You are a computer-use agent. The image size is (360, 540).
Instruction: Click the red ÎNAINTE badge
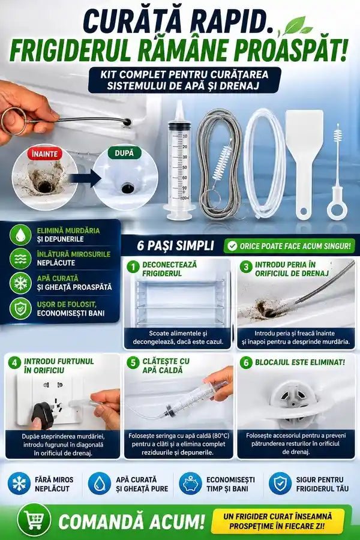click(x=44, y=154)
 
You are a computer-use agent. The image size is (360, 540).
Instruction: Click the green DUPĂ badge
click(x=124, y=152)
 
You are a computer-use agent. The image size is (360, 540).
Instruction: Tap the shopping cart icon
click(x=34, y=520)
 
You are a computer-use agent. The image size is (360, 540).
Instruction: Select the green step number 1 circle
click(x=133, y=267)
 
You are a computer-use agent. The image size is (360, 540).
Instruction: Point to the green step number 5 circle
click(x=133, y=363)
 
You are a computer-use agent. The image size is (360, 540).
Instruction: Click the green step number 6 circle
click(x=246, y=363)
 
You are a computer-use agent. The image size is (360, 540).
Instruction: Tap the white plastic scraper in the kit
click(x=304, y=164)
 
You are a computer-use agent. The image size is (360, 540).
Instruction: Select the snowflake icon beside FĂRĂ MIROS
click(x=19, y=483)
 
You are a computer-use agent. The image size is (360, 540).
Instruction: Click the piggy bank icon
click(x=191, y=483)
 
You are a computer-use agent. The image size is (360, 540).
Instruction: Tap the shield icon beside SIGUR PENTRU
click(x=280, y=483)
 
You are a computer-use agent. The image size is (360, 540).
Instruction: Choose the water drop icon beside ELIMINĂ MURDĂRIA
click(x=20, y=235)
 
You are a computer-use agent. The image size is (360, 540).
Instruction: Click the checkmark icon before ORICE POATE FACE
click(x=233, y=246)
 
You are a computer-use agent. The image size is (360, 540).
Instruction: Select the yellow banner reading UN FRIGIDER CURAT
click(x=278, y=521)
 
